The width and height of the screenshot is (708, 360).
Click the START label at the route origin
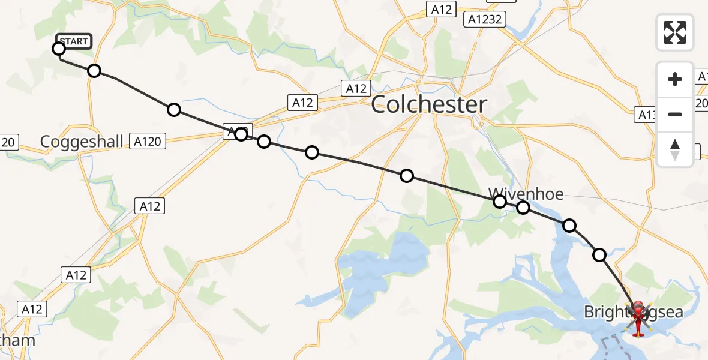[x=74, y=41]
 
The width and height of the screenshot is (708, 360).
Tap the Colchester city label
[x=428, y=105]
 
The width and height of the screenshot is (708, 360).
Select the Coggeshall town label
[x=82, y=142]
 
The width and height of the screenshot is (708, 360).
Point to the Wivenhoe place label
[x=526, y=194]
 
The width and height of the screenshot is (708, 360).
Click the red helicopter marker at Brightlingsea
[x=637, y=317]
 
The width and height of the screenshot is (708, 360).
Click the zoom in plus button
[x=675, y=79]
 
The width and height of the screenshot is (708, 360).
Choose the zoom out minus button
[x=675, y=114]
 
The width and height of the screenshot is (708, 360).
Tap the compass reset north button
[x=675, y=149]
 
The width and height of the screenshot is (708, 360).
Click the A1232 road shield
[x=484, y=19]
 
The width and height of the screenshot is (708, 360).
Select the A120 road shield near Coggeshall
[x=148, y=142]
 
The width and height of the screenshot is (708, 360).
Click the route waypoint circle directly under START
[x=59, y=49]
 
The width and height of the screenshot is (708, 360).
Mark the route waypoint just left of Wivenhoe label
[x=500, y=202]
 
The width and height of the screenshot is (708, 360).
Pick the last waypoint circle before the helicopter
[x=599, y=255]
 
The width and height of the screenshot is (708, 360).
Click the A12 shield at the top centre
[x=440, y=9]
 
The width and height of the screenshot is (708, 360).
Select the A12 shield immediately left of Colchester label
[x=356, y=89]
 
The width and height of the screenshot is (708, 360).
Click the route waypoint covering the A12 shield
[x=241, y=134]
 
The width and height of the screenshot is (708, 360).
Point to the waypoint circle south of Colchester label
[x=407, y=176]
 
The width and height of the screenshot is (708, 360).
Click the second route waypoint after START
[x=174, y=110]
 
